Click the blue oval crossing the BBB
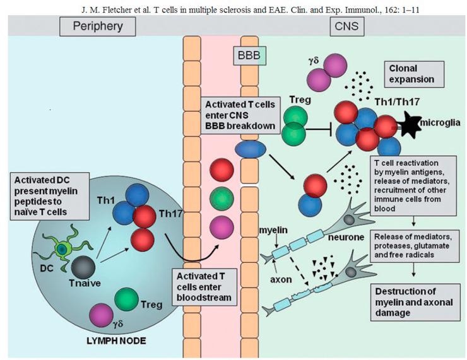[x=248, y=149]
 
